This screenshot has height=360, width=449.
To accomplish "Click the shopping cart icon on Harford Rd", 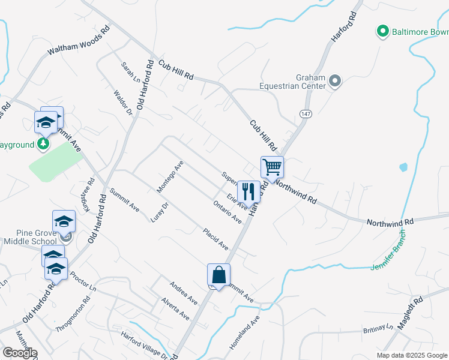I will click(x=272, y=167).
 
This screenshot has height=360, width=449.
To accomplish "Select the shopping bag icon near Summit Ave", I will click(x=218, y=275).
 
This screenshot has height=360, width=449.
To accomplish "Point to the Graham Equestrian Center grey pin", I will click(x=336, y=80).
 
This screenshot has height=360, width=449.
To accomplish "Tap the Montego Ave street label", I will click(x=170, y=177).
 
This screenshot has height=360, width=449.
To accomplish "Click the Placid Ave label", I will click(x=216, y=239).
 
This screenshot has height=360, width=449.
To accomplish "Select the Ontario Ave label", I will click(x=228, y=212).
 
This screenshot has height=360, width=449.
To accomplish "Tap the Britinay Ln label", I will click(x=377, y=329).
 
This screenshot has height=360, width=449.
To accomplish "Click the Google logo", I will click(x=20, y=353).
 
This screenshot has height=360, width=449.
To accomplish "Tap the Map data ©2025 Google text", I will click(x=412, y=355).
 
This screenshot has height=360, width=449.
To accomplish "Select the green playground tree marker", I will click(x=43, y=144).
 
